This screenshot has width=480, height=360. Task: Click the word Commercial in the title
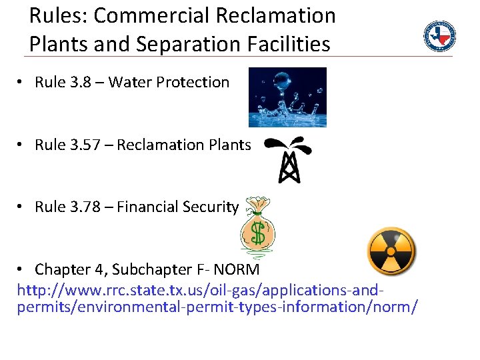(x=139, y=15)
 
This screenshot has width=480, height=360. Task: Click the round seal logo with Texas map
(x=440, y=36)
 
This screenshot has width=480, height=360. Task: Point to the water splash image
(x=287, y=97)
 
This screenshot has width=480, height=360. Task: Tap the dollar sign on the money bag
(x=257, y=233)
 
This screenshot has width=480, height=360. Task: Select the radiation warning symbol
(x=391, y=251)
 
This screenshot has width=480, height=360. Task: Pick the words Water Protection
(x=169, y=83)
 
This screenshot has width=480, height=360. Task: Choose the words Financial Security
(x=177, y=207)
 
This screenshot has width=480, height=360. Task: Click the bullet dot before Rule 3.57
(x=21, y=145)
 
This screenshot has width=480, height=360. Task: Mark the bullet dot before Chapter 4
(x=21, y=269)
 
